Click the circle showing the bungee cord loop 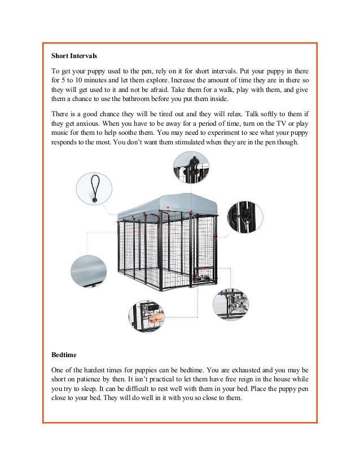tap(94, 190)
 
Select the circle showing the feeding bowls tap(231, 305)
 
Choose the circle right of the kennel tap(244, 217)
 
